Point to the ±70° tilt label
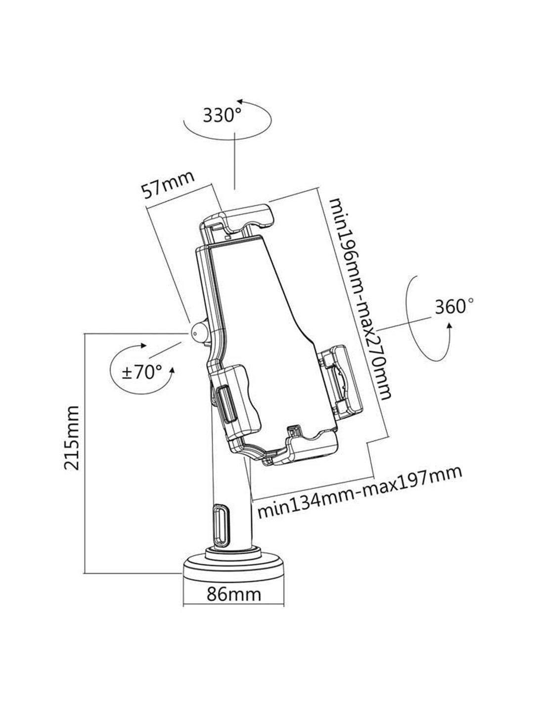142,371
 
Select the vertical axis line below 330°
234,158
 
